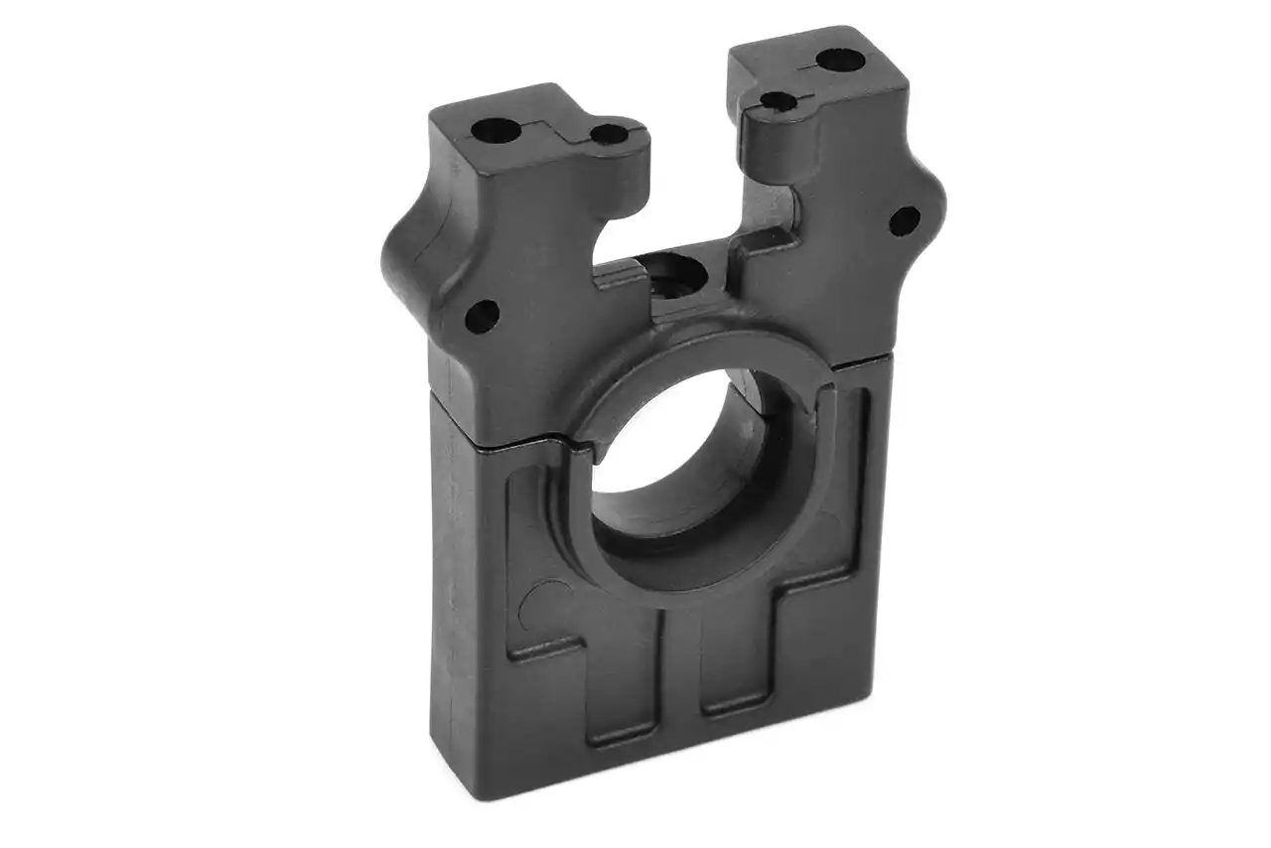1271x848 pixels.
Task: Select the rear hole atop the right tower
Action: click(x=838, y=60)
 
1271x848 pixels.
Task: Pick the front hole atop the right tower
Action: click(x=778, y=100)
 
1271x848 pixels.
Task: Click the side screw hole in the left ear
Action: click(x=482, y=316)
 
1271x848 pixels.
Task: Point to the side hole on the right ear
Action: click(x=904, y=219)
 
